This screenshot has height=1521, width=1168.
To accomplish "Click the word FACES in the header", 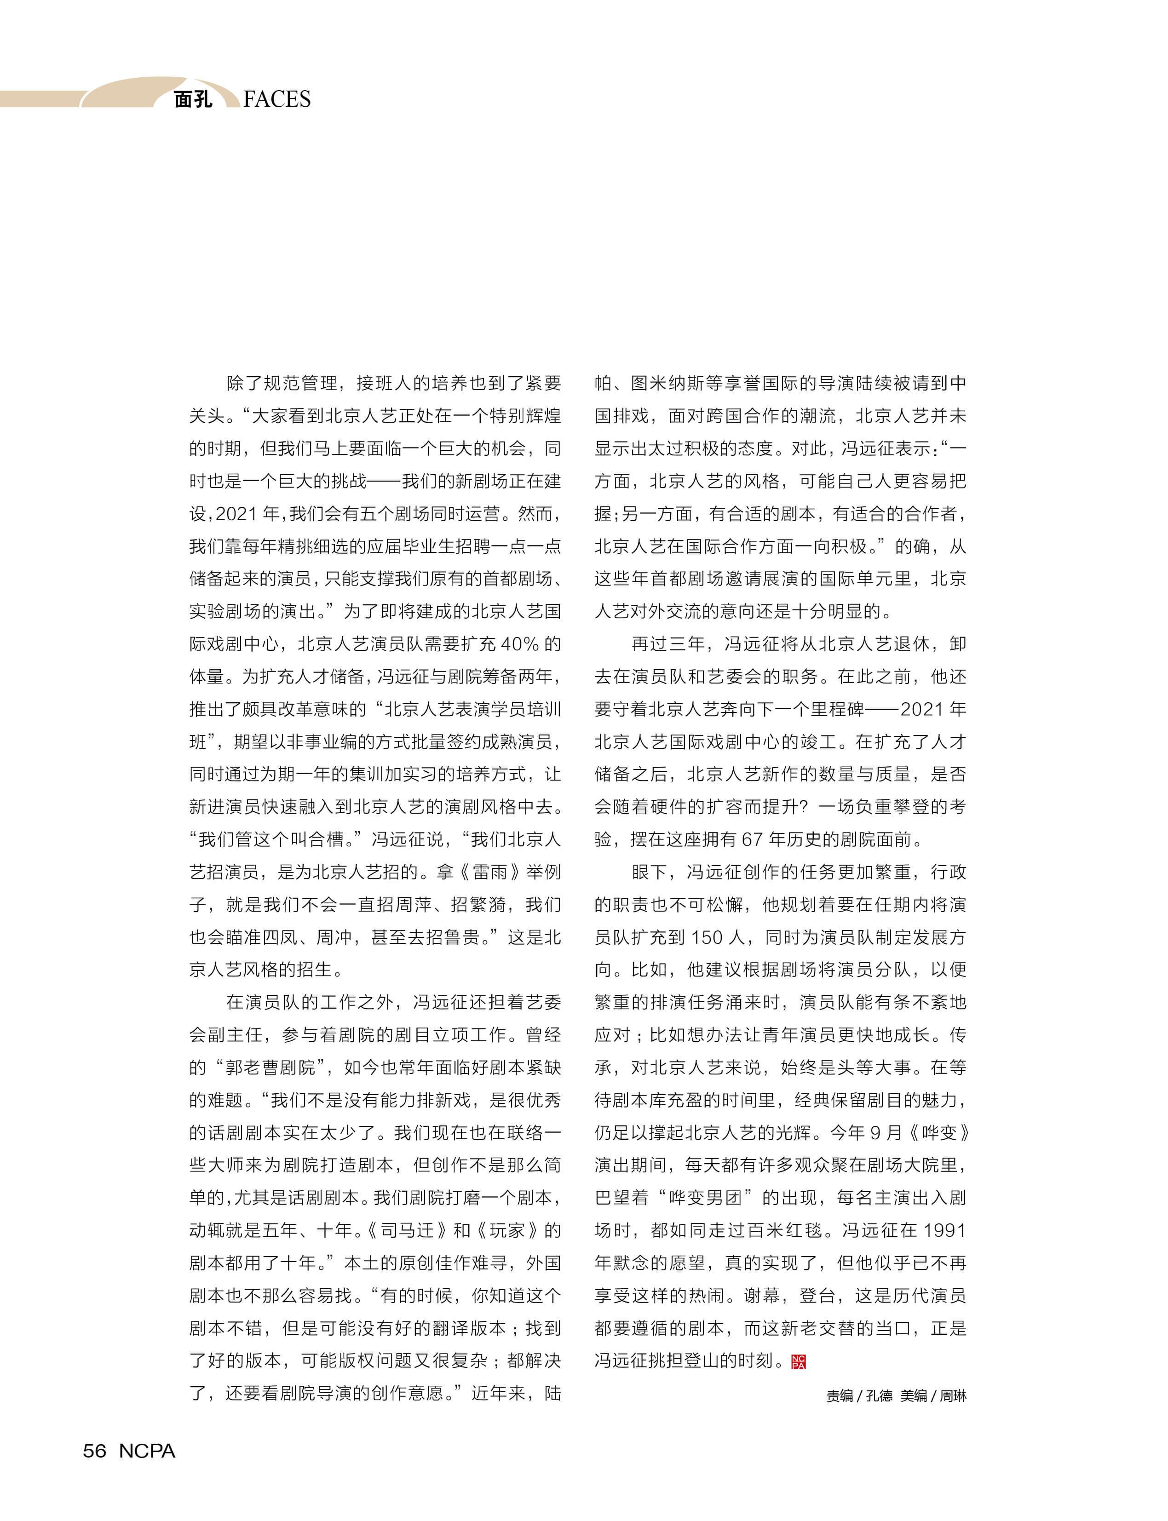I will point(277,99).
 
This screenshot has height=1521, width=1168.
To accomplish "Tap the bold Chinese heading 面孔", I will point(193,99).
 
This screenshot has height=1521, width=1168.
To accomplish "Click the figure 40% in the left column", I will point(519,644).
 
